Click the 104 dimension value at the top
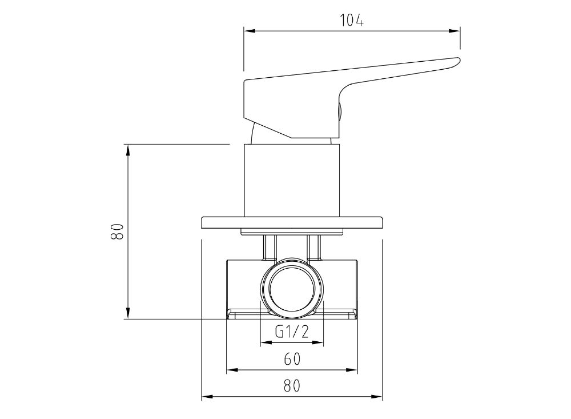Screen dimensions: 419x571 [x=352, y=21]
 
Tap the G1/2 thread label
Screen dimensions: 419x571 [x=292, y=331]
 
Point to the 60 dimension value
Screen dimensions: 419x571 [x=292, y=358]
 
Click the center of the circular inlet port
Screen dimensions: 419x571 [x=292, y=289]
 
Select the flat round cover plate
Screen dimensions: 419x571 [x=292, y=223]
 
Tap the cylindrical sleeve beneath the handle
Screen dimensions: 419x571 [x=292, y=180]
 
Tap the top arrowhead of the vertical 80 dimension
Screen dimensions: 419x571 [x=128, y=149]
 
